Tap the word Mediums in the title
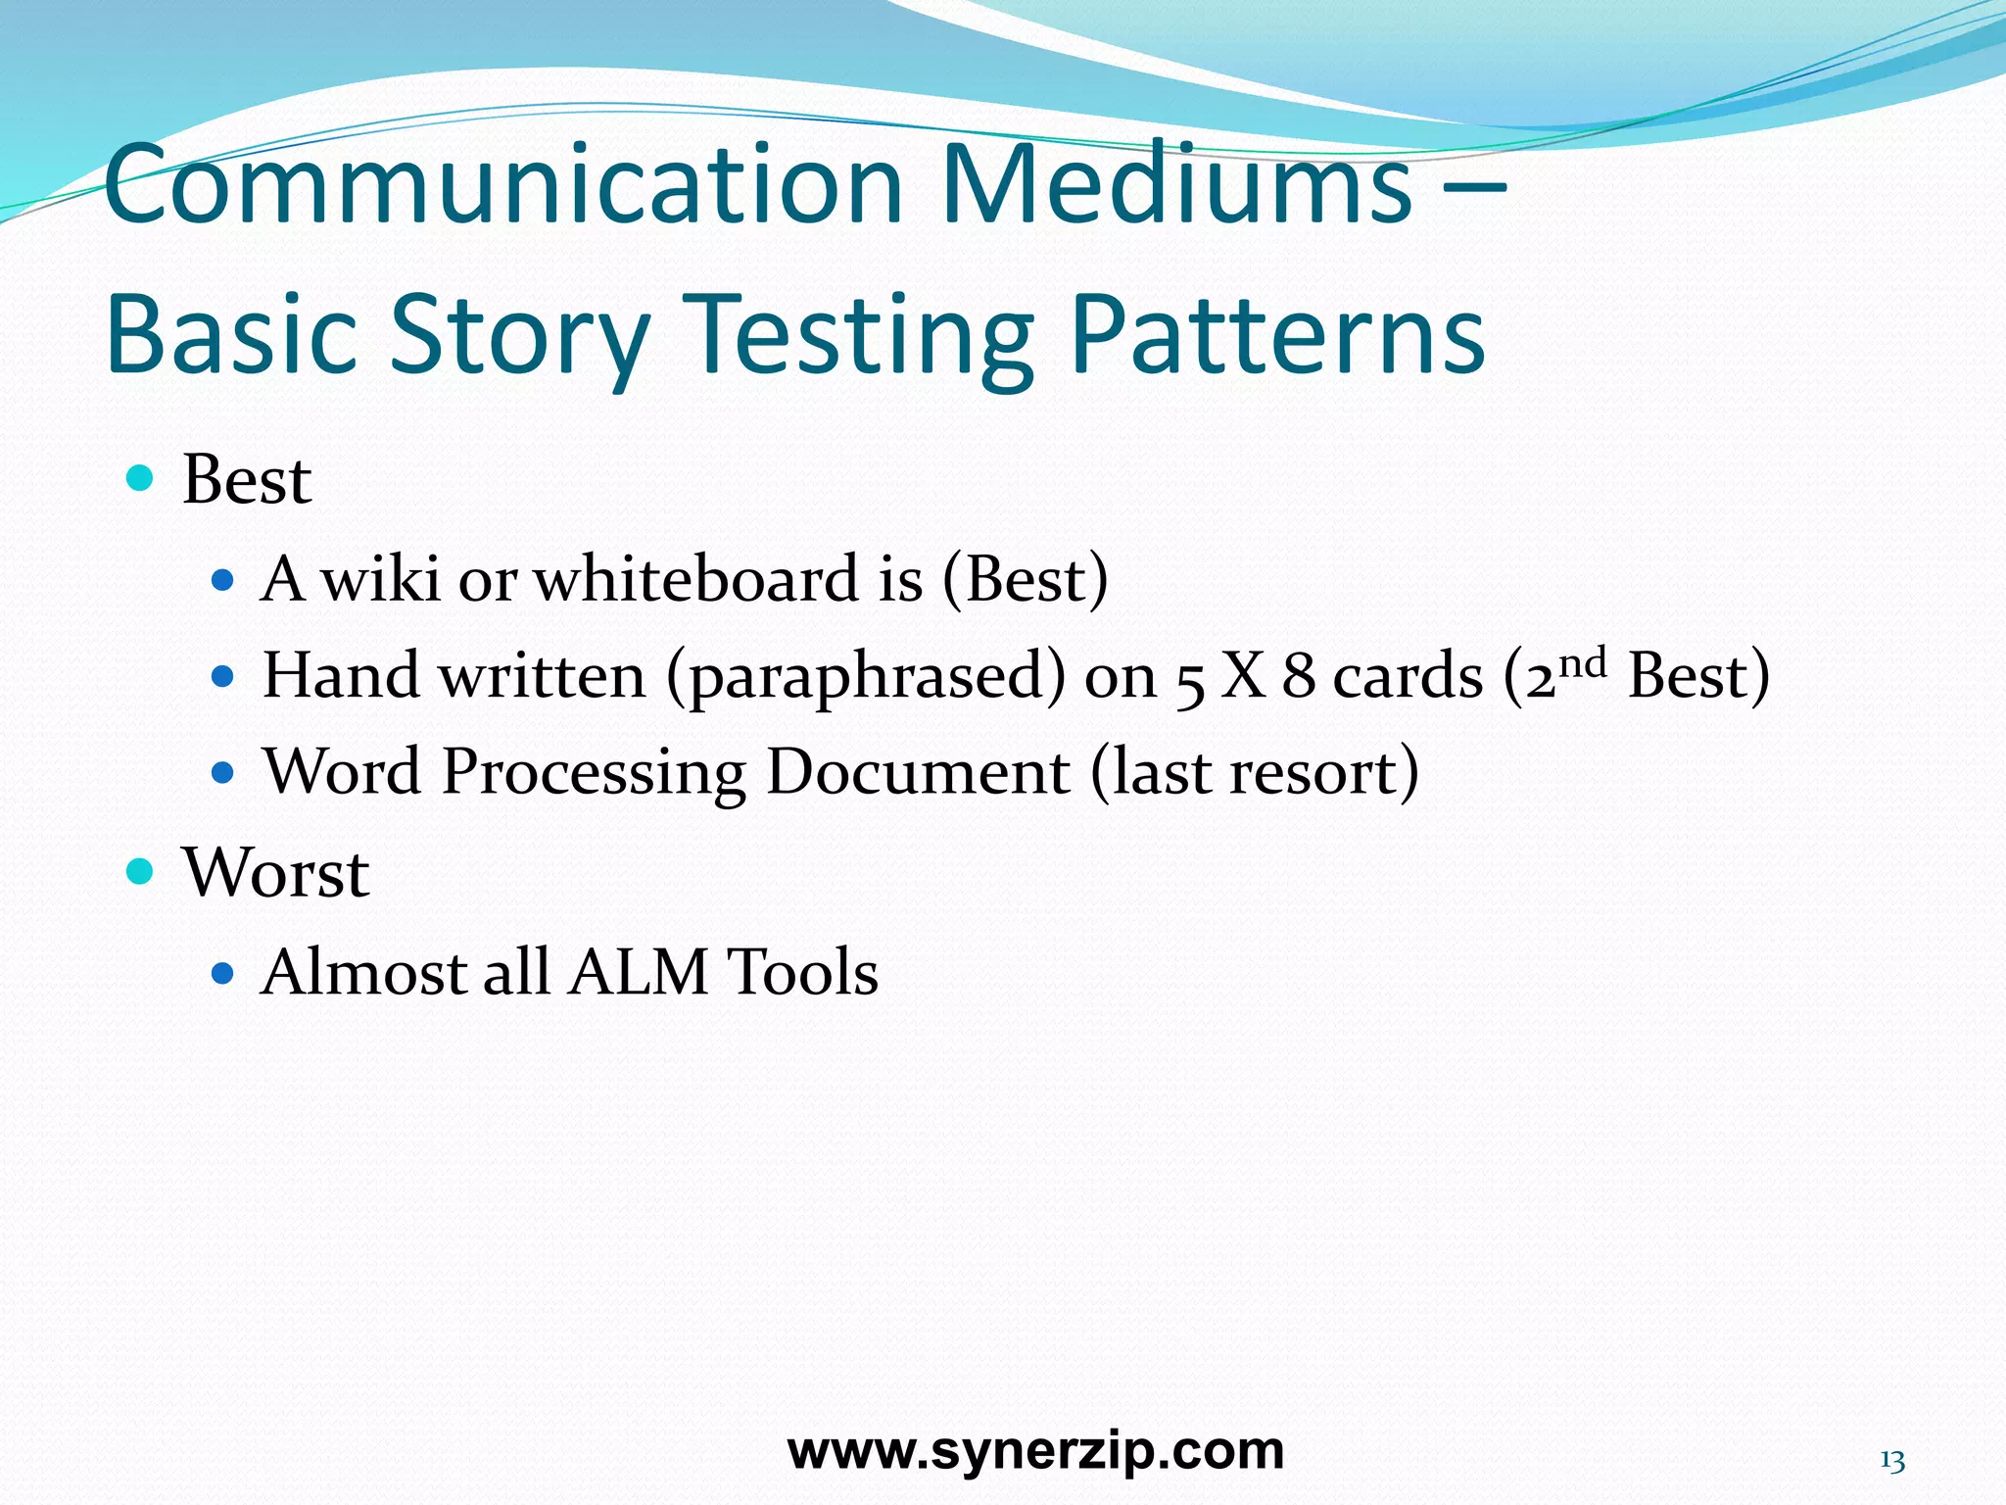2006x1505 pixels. (x=1175, y=186)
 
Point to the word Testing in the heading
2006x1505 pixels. (x=858, y=336)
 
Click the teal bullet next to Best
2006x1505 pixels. (x=141, y=479)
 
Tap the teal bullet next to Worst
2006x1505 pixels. (x=141, y=870)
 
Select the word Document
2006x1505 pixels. (x=918, y=772)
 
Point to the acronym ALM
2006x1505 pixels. (x=638, y=972)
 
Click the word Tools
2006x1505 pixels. (x=802, y=972)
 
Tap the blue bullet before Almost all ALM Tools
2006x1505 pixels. (x=223, y=973)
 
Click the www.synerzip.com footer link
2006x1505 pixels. (x=1035, y=1451)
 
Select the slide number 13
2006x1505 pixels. (x=1891, y=1462)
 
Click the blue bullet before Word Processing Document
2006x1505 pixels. (x=223, y=773)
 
